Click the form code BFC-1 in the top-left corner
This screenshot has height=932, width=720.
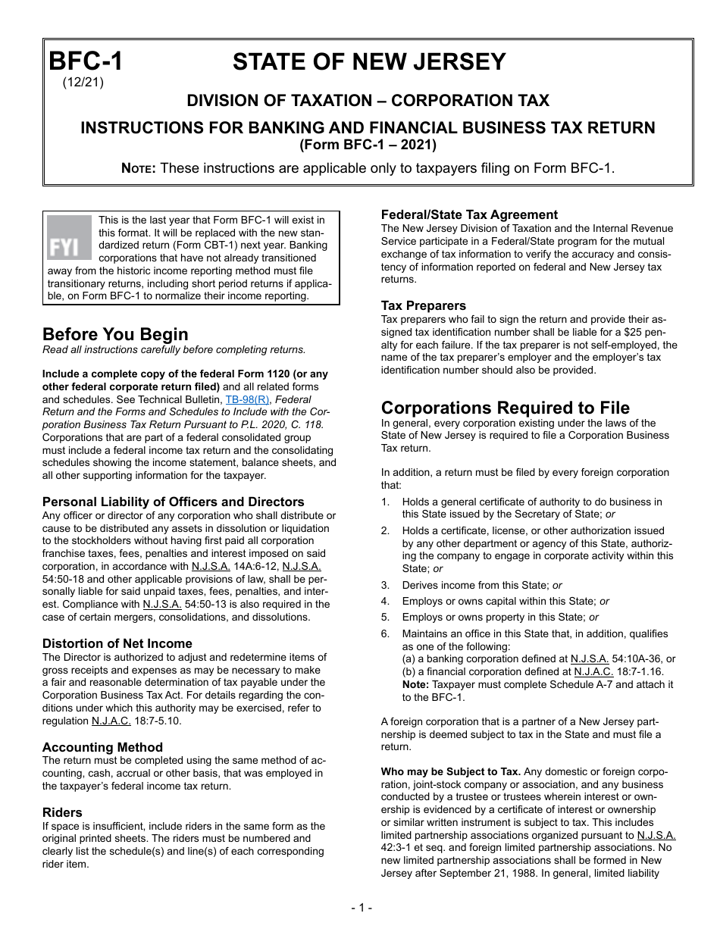[x=85, y=61]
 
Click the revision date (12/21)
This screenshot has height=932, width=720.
[x=83, y=83]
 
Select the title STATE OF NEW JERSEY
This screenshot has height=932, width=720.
[x=369, y=62]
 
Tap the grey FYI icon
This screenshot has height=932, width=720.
[x=69, y=238]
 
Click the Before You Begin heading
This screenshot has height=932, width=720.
[x=115, y=334]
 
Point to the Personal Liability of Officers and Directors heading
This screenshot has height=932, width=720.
[x=174, y=502]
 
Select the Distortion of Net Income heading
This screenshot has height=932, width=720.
[x=117, y=643]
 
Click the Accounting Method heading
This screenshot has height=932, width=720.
[x=102, y=747]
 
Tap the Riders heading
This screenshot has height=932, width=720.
[x=62, y=812]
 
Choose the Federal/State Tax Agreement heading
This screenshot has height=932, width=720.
[x=469, y=214]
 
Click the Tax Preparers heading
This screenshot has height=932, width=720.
[x=424, y=305]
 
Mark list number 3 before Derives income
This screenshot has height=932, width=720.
[x=385, y=585]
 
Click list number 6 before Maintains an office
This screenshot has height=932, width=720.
[x=385, y=633]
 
